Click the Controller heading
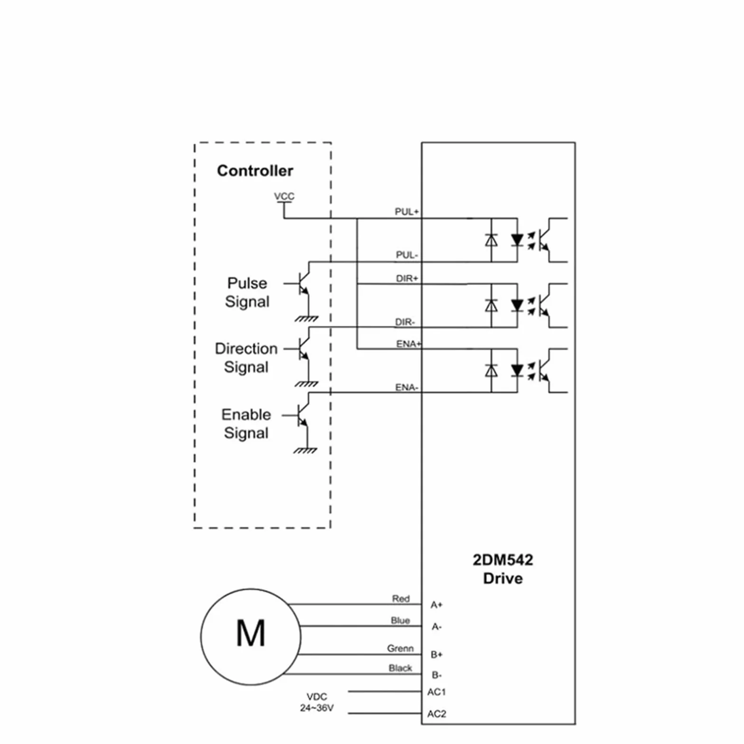click(x=255, y=171)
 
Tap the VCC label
click(x=284, y=196)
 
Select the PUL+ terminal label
click(x=407, y=212)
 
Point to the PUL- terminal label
click(x=407, y=255)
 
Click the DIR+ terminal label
click(x=407, y=279)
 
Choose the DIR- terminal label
click(x=405, y=322)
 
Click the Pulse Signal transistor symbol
click(x=301, y=283)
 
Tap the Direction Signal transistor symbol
click(x=301, y=349)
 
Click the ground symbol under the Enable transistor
click(x=305, y=450)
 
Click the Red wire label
click(x=400, y=599)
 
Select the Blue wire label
click(x=400, y=621)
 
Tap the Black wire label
click(x=400, y=668)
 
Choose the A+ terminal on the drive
click(x=437, y=605)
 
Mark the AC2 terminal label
click(x=437, y=714)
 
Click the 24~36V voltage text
click(x=316, y=708)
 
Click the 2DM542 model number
click(x=503, y=560)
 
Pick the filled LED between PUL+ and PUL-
click(x=517, y=240)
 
